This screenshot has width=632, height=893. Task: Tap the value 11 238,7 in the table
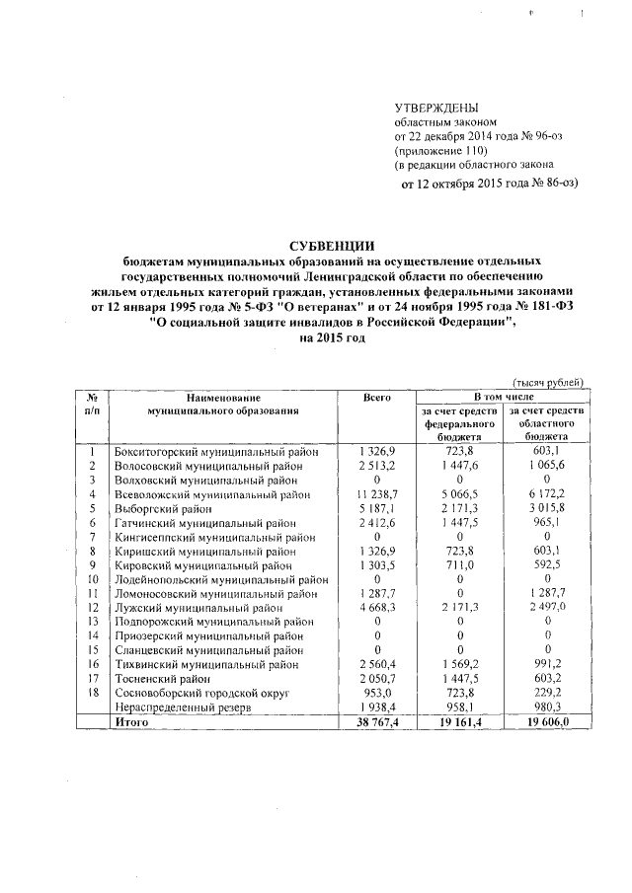[372, 494]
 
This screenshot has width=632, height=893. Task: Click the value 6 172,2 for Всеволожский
[545, 494]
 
